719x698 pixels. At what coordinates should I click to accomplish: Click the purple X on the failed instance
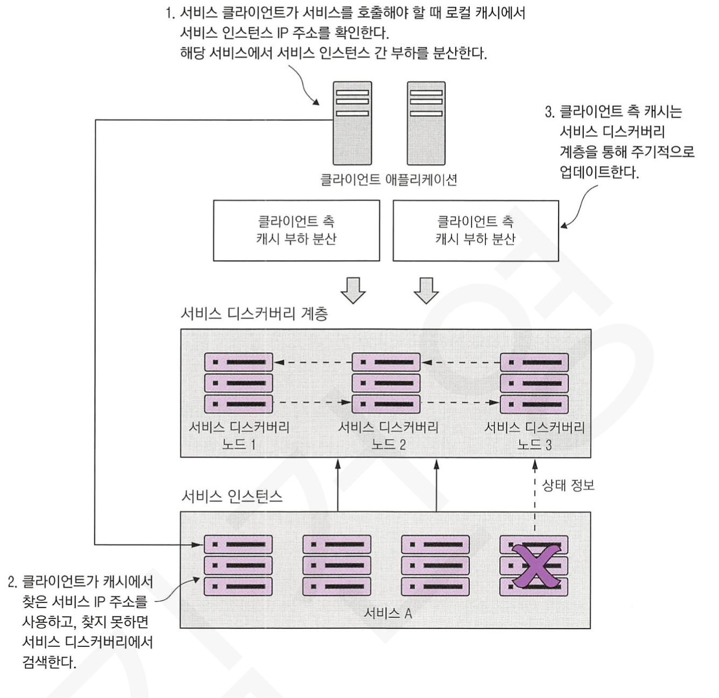coord(534,565)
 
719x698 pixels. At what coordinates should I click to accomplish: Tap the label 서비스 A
coord(388,613)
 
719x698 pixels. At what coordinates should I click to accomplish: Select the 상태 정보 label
coord(568,486)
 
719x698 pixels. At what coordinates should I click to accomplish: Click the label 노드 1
coord(239,445)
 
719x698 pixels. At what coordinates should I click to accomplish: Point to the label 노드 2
coord(388,445)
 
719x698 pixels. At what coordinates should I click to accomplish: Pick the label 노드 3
coord(534,445)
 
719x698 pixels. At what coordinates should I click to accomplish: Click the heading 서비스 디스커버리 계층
coord(254,314)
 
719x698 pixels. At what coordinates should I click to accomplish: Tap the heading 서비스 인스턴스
coord(232,496)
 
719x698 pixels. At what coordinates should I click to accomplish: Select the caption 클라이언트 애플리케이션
coord(388,180)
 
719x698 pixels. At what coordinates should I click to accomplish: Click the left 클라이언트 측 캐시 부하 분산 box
coord(297,231)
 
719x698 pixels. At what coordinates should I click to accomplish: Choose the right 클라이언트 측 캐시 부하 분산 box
coord(476,231)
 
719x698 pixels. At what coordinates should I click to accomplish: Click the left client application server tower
coord(352,123)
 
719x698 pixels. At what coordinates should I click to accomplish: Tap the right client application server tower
coord(426,123)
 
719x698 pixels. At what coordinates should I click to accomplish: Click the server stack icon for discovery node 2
coord(386,382)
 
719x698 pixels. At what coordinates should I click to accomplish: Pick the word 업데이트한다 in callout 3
coord(599,172)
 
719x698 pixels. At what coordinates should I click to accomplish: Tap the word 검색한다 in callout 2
coord(49,661)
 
